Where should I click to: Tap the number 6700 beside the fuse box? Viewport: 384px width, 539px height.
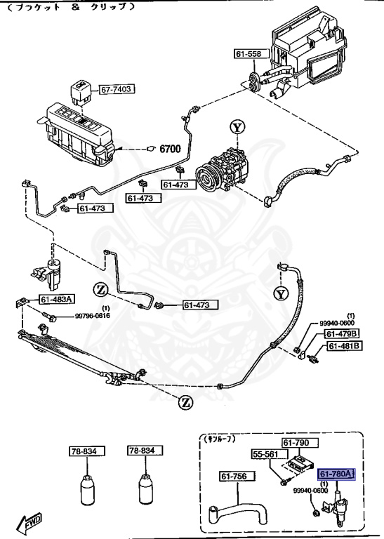171,149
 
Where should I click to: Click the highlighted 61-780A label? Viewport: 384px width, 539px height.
338,473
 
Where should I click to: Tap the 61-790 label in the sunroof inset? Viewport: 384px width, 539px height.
296,442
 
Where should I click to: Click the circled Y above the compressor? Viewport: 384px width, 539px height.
237,128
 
